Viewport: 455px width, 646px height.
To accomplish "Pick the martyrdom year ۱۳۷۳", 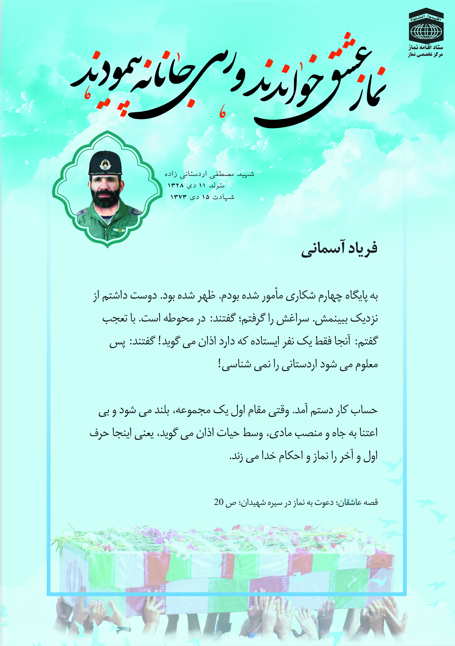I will point(179,197).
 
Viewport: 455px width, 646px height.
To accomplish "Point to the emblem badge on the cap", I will point(105,165).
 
